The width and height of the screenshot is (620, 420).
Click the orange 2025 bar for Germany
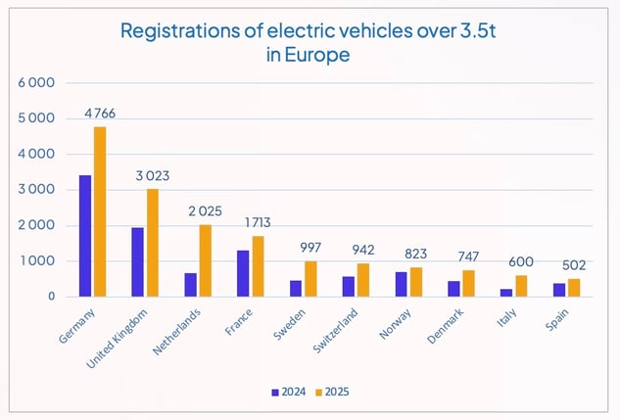(100, 211)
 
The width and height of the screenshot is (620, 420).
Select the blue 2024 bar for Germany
(86, 236)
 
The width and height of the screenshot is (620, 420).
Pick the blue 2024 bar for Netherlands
(191, 285)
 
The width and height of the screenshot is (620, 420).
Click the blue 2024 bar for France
(244, 273)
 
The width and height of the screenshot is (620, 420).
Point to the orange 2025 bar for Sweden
(310, 279)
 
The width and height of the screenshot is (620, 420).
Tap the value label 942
(363, 251)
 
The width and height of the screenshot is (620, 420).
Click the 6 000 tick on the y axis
(35, 83)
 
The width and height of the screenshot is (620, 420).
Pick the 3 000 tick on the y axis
(35, 190)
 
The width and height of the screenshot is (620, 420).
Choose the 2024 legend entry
(288, 392)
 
